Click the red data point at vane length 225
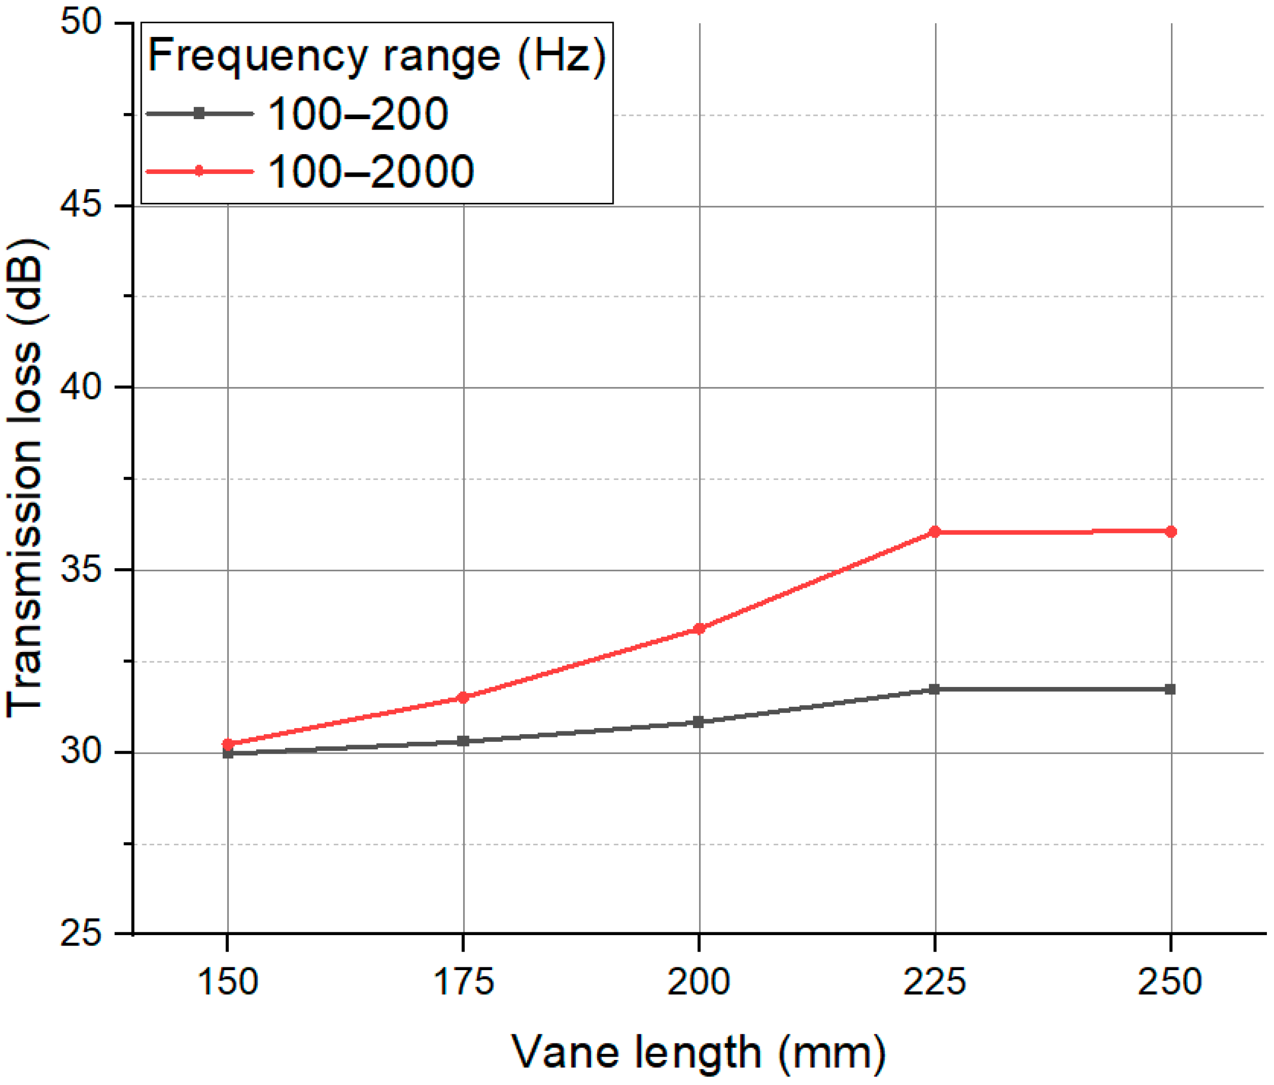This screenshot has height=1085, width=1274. tap(935, 531)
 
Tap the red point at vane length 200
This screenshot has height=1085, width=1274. tap(699, 629)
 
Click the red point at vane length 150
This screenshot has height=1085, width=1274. tap(228, 744)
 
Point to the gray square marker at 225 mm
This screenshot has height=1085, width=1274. tap(935, 689)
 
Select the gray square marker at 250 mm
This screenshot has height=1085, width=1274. tap(1170, 689)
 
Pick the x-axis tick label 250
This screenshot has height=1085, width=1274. tap(1170, 981)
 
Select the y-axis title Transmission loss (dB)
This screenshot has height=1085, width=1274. tap(26, 478)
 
